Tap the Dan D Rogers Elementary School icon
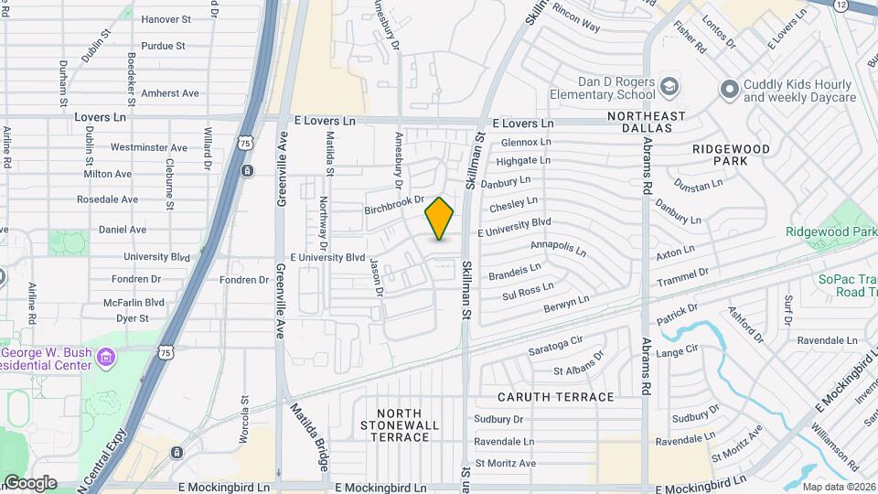(x=670, y=85)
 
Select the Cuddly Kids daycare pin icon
(x=729, y=89)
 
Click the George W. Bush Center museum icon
(x=106, y=355)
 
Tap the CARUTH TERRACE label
(x=555, y=397)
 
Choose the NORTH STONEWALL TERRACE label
(x=395, y=424)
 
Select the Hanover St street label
(x=164, y=18)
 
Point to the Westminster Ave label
(x=148, y=147)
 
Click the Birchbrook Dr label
(x=395, y=204)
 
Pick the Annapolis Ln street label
(x=558, y=247)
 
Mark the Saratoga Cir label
(x=555, y=347)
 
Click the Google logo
(x=29, y=482)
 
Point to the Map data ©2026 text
(x=839, y=487)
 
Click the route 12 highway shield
(x=841, y=5)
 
